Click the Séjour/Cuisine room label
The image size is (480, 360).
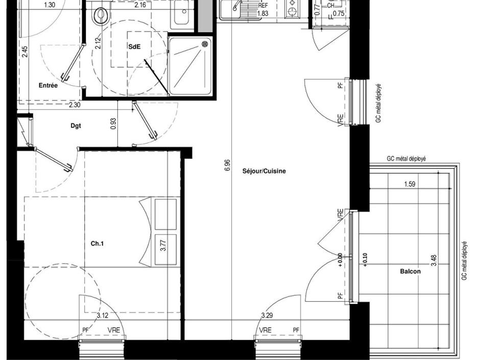(x=264, y=172)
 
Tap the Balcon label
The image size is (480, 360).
(x=411, y=272)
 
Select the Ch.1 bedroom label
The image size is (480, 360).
(x=98, y=244)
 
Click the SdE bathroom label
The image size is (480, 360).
(x=134, y=46)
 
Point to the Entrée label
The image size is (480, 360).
(x=48, y=86)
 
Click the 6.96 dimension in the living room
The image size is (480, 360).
(x=228, y=165)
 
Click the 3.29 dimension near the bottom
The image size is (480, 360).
(x=267, y=316)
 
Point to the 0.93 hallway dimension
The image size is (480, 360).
(x=113, y=124)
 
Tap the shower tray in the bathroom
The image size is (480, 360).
(x=189, y=66)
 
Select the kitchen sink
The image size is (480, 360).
(x=236, y=8)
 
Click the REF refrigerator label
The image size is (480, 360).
(x=263, y=6)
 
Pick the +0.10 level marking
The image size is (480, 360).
(x=365, y=259)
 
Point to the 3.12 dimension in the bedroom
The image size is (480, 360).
(x=103, y=316)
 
